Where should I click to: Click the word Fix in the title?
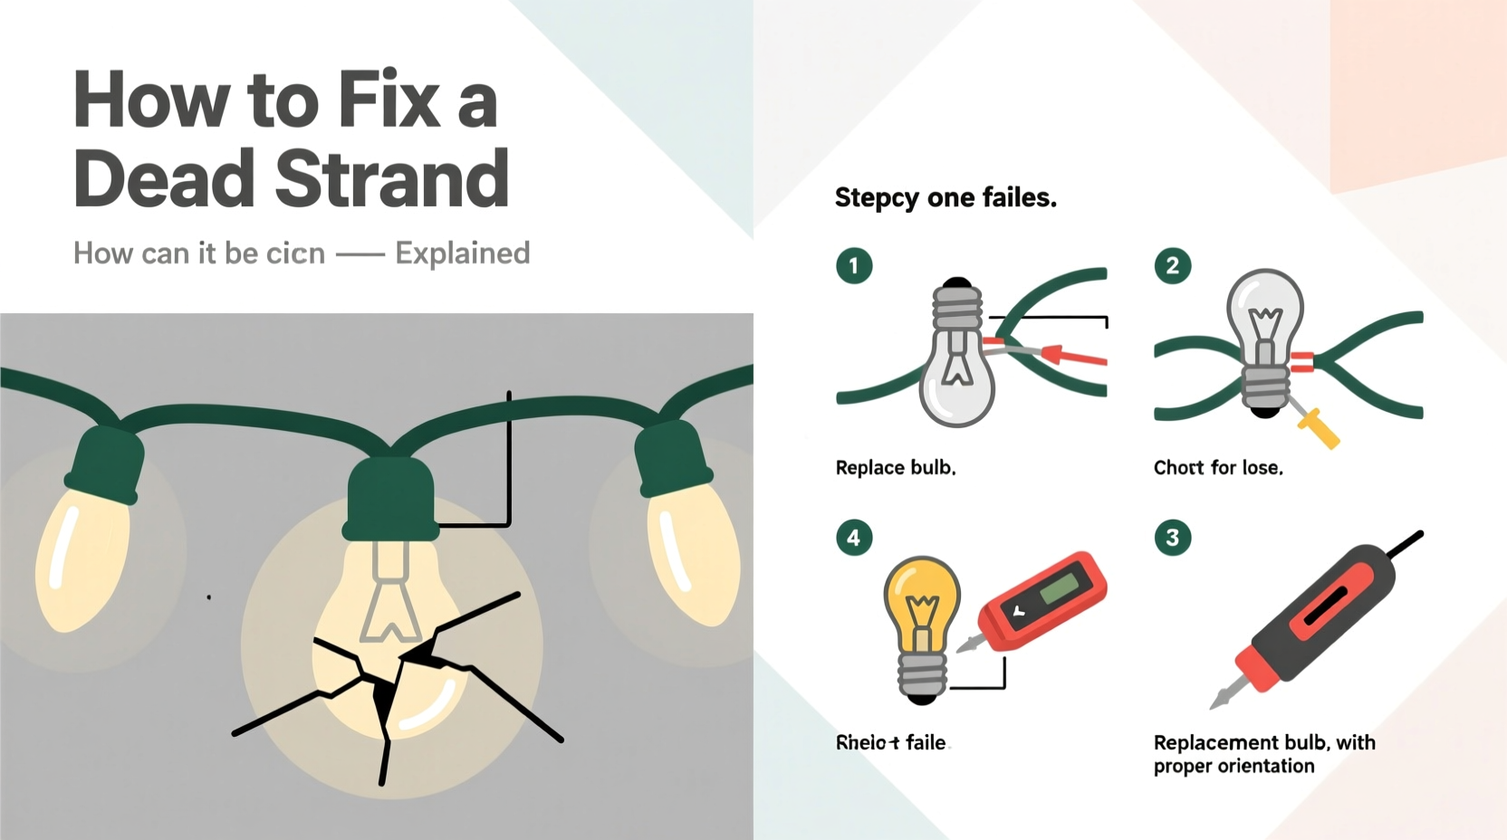(x=388, y=100)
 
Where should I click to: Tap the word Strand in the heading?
(x=391, y=178)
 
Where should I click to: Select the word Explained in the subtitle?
(x=462, y=253)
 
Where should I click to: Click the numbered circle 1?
(x=853, y=266)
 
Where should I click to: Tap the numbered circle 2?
(x=1172, y=266)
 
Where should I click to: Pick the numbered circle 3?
(x=1172, y=538)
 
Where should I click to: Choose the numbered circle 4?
(x=853, y=538)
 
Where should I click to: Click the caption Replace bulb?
(x=895, y=468)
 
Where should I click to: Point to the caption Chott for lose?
(x=1217, y=468)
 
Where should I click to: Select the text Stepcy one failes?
(x=945, y=197)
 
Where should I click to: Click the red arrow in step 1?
(x=1073, y=355)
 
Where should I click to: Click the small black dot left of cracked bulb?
(x=209, y=597)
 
